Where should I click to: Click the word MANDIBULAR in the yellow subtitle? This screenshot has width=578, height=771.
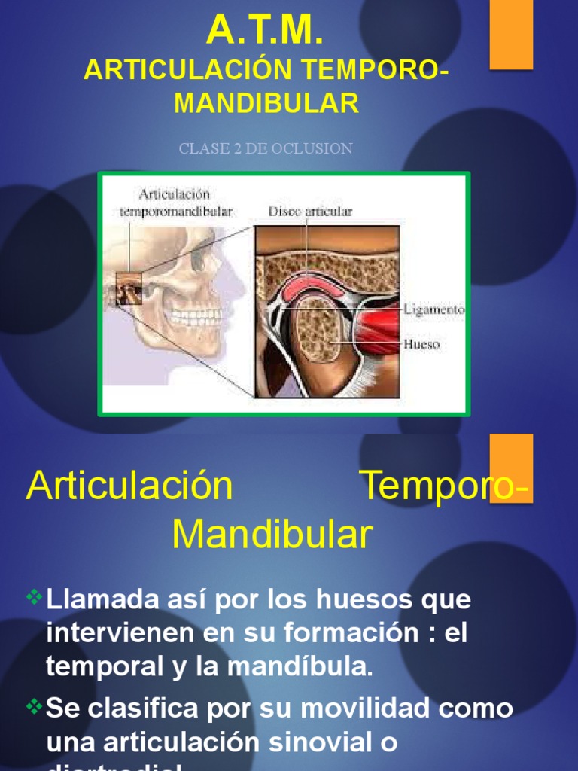point(266,103)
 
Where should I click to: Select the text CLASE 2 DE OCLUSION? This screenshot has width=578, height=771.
point(266,148)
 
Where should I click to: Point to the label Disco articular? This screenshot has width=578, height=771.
point(310,212)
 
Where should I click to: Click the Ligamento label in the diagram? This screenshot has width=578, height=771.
point(433,309)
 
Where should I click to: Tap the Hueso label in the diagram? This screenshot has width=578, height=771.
point(421,345)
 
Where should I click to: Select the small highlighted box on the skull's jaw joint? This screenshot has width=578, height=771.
point(128,291)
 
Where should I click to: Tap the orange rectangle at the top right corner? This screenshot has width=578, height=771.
point(511,34)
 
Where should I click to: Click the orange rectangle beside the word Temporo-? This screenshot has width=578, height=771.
point(511,468)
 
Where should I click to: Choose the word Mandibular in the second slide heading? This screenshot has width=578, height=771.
point(272,535)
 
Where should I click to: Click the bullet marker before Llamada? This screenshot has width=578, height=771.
point(35,599)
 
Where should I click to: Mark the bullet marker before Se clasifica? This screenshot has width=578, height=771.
point(35,706)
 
